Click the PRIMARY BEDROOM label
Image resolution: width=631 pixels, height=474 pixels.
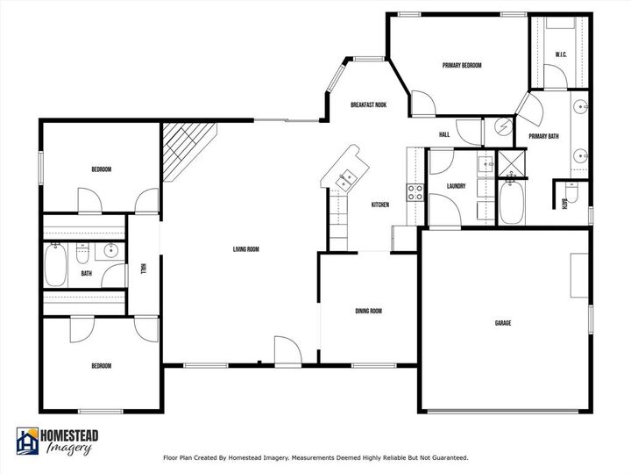coord(462,66)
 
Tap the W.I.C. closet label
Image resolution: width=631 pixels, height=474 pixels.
coord(562,56)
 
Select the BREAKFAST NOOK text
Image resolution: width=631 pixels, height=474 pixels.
coord(368,104)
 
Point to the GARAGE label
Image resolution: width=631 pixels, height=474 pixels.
coord(503,323)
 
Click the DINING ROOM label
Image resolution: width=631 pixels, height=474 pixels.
coord(368,311)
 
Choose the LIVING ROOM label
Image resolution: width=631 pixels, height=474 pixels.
coord(245,249)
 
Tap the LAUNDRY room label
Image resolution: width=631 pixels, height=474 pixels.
coord(455,186)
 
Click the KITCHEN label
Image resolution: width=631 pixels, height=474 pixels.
coord(380,205)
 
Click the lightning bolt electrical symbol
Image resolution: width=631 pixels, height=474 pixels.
coord(503,127)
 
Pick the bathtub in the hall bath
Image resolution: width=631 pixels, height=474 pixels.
coord(53,264)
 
